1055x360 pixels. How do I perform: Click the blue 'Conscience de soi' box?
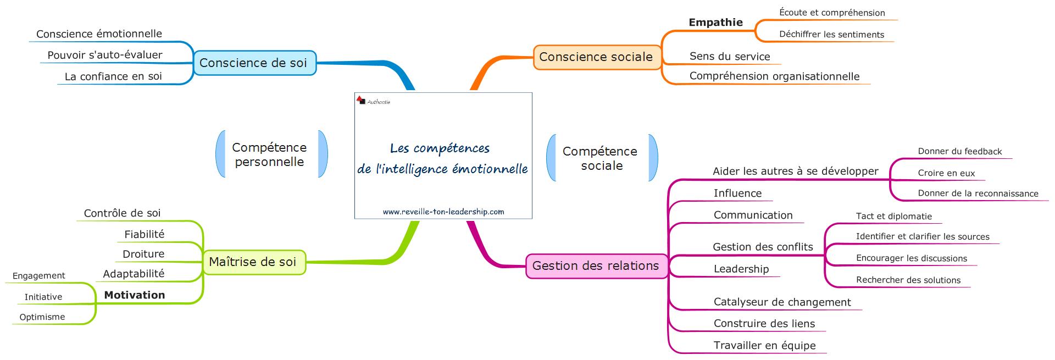click(x=254, y=63)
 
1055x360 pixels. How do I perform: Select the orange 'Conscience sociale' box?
click(x=596, y=57)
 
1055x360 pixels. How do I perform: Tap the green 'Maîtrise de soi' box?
click(x=253, y=262)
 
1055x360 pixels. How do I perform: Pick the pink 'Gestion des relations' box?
click(x=596, y=266)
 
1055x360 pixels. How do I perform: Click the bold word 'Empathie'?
click(x=715, y=23)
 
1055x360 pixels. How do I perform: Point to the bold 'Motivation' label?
click(x=135, y=295)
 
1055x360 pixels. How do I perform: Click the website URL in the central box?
click(x=443, y=212)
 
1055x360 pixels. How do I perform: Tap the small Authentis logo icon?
click(x=361, y=100)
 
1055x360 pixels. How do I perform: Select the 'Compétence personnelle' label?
click(x=269, y=154)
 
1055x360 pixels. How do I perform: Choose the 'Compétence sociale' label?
click(x=600, y=158)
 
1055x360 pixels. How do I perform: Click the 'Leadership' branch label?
click(x=741, y=269)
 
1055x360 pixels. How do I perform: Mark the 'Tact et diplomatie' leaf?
click(x=893, y=217)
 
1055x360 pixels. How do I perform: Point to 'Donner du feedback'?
click(x=959, y=152)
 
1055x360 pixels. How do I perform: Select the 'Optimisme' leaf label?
click(x=42, y=317)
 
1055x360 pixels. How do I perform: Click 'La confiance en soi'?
click(x=113, y=76)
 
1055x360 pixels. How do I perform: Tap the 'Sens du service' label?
click(x=730, y=57)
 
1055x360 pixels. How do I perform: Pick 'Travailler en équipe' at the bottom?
click(x=764, y=346)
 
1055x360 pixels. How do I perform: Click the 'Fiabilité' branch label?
click(x=145, y=235)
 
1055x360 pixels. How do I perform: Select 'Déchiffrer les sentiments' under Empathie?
click(x=831, y=35)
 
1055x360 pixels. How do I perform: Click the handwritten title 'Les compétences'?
click(x=440, y=148)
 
